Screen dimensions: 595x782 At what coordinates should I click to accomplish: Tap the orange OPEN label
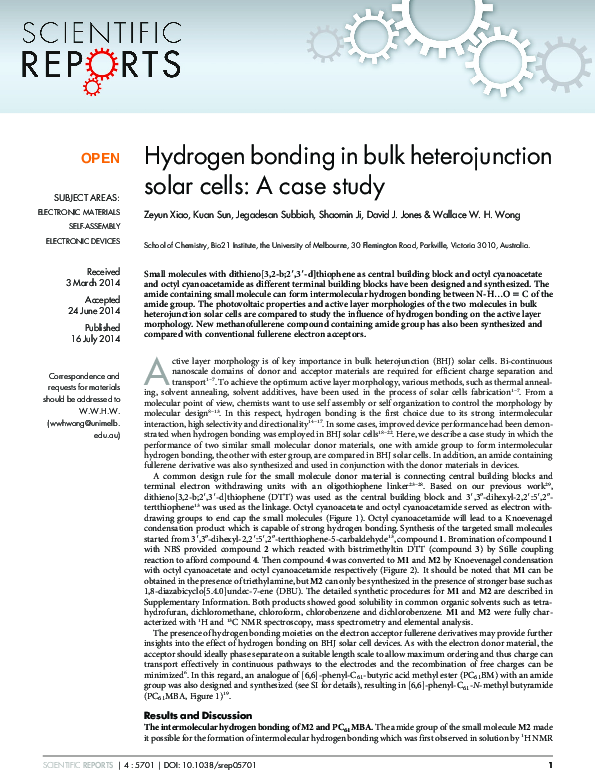[99, 158]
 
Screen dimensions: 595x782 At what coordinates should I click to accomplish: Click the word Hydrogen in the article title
[189, 157]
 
